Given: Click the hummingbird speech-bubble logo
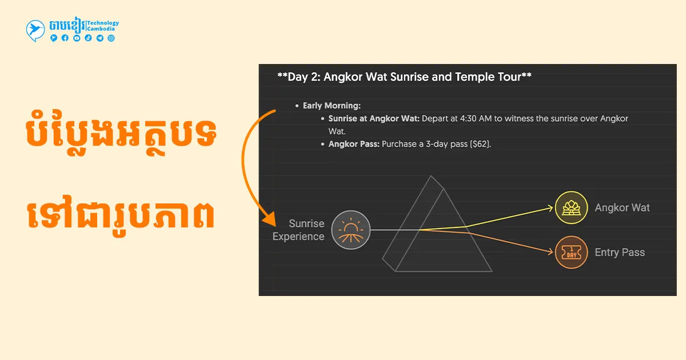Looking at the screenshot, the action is [35, 30].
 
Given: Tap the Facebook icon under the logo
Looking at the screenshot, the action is [65, 38].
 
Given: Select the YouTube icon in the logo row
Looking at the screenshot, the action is [77, 38].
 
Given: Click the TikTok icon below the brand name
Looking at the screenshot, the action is [88, 38].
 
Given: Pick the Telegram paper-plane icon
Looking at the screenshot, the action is [100, 38].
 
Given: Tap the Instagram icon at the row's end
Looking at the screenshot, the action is [111, 38].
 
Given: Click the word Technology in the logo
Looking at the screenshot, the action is [103, 23].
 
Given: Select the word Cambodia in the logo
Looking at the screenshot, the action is [101, 29].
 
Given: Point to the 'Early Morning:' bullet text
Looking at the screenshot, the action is [332, 106].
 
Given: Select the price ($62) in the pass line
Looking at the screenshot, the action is [481, 144].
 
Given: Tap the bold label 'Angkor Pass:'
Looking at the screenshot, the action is [354, 144].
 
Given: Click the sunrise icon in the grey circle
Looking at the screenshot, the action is [350, 230].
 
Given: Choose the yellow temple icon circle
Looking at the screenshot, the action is [572, 207].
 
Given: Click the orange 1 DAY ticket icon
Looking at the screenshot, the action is [572, 252].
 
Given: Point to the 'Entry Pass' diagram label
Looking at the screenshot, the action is [620, 252].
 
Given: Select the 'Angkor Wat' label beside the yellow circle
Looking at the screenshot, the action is [623, 207].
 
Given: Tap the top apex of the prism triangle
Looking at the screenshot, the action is [431, 176].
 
